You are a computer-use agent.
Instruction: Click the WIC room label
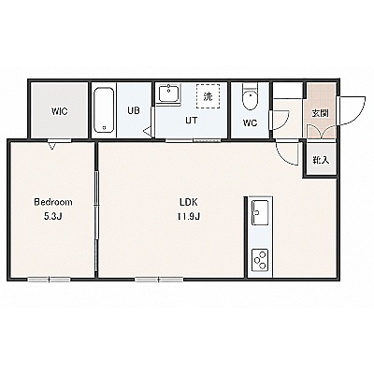[60, 111]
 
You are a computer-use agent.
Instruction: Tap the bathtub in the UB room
[104, 110]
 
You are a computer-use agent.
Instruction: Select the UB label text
[134, 110]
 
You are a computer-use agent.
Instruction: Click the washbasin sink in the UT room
[168, 93]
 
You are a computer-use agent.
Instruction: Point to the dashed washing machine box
[208, 96]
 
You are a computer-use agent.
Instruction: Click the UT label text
[192, 120]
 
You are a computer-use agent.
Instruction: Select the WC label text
[250, 123]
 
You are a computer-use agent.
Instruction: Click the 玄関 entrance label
[321, 113]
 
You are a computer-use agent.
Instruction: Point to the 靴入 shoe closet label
[321, 160]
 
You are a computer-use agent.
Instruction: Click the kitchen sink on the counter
[260, 212]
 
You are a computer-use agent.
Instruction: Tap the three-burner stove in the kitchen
[260, 260]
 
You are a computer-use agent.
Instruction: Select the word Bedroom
[53, 202]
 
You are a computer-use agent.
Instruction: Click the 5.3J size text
[53, 217]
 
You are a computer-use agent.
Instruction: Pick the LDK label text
[189, 202]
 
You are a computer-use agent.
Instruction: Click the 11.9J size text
[189, 217]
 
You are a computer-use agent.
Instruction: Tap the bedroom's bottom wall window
[50, 280]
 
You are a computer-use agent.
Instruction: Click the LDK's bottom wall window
[159, 280]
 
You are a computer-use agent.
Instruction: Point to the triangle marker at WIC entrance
[52, 146]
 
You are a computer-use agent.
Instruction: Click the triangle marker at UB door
[148, 131]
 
